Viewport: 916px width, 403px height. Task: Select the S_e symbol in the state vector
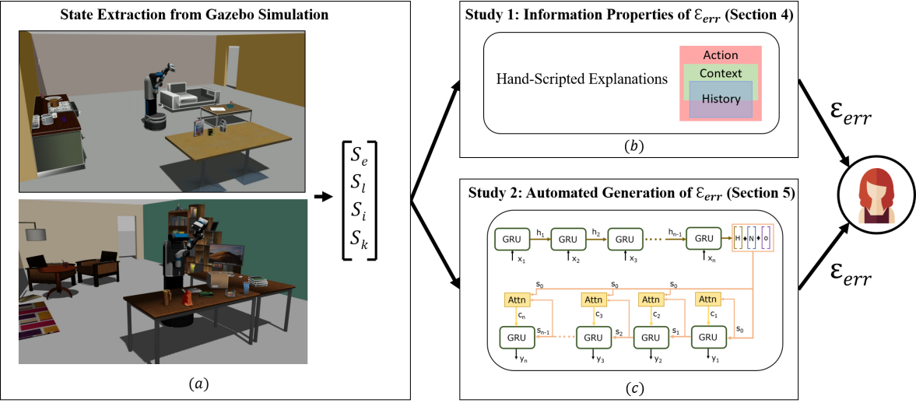pos(359,158)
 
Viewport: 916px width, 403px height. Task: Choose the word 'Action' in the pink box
pos(720,55)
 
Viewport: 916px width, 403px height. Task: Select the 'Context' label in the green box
pos(721,73)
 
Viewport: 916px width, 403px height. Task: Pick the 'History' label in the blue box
pos(721,99)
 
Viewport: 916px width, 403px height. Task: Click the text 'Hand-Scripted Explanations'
pos(582,79)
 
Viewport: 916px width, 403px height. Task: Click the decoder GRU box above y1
pos(707,337)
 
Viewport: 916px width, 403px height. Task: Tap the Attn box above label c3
pos(594,300)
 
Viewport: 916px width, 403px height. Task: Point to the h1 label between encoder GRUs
pos(539,233)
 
